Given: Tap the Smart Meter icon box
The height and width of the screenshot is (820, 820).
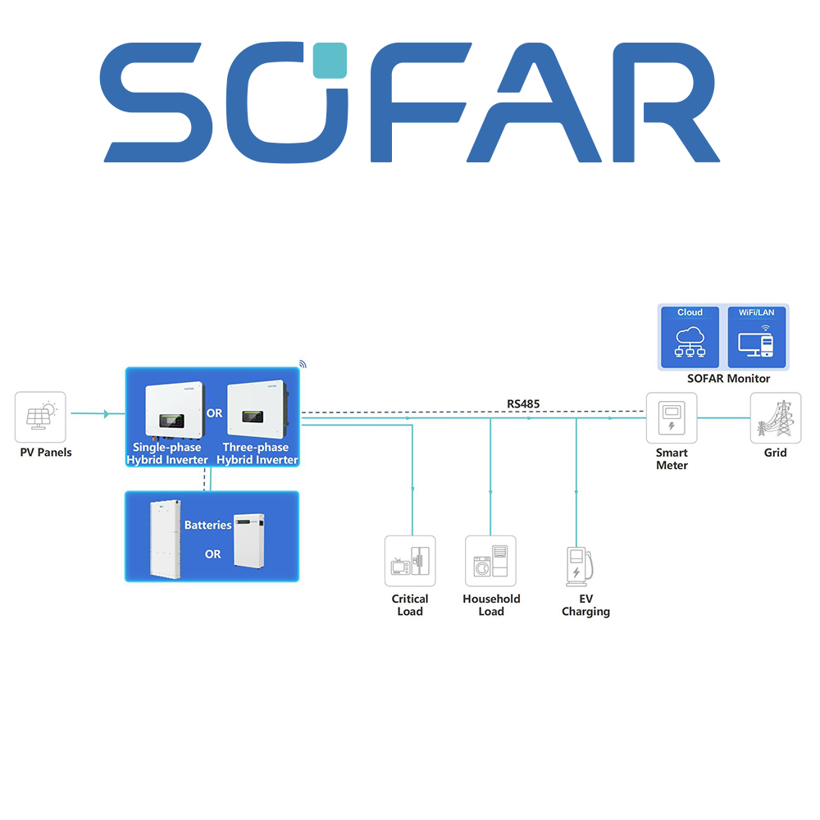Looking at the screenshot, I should pos(672,417).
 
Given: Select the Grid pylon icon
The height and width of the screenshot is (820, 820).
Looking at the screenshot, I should pos(775,417).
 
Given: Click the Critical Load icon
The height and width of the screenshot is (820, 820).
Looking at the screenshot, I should pos(410,561).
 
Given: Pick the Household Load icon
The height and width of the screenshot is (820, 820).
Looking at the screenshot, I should pos(490,561).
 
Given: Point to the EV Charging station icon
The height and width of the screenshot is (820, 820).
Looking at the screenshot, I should pos(578,565).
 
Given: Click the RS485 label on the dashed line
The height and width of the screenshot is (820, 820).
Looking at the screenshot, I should pos(523,403).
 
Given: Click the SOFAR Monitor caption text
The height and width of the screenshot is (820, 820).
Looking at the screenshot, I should pos(728,379).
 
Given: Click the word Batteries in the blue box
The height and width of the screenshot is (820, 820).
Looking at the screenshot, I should pos(207,525).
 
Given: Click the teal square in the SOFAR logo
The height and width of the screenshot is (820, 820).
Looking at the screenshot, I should pos(330,61).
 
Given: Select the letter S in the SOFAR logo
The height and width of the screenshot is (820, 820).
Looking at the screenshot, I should pos(154,102).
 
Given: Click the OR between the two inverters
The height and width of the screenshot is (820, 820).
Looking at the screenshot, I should pos(214,413).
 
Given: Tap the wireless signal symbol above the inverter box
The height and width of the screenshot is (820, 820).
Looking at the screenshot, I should pos(301,363).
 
